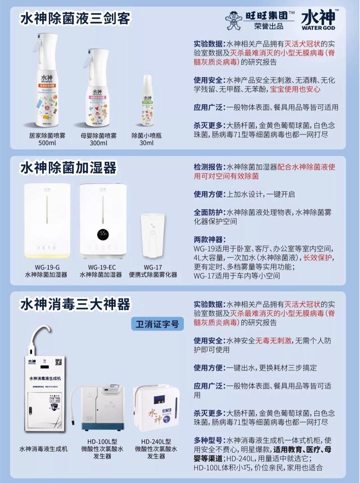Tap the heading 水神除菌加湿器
coord(68,168)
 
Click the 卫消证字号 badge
coord(157,323)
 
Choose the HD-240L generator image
coord(156,410)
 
